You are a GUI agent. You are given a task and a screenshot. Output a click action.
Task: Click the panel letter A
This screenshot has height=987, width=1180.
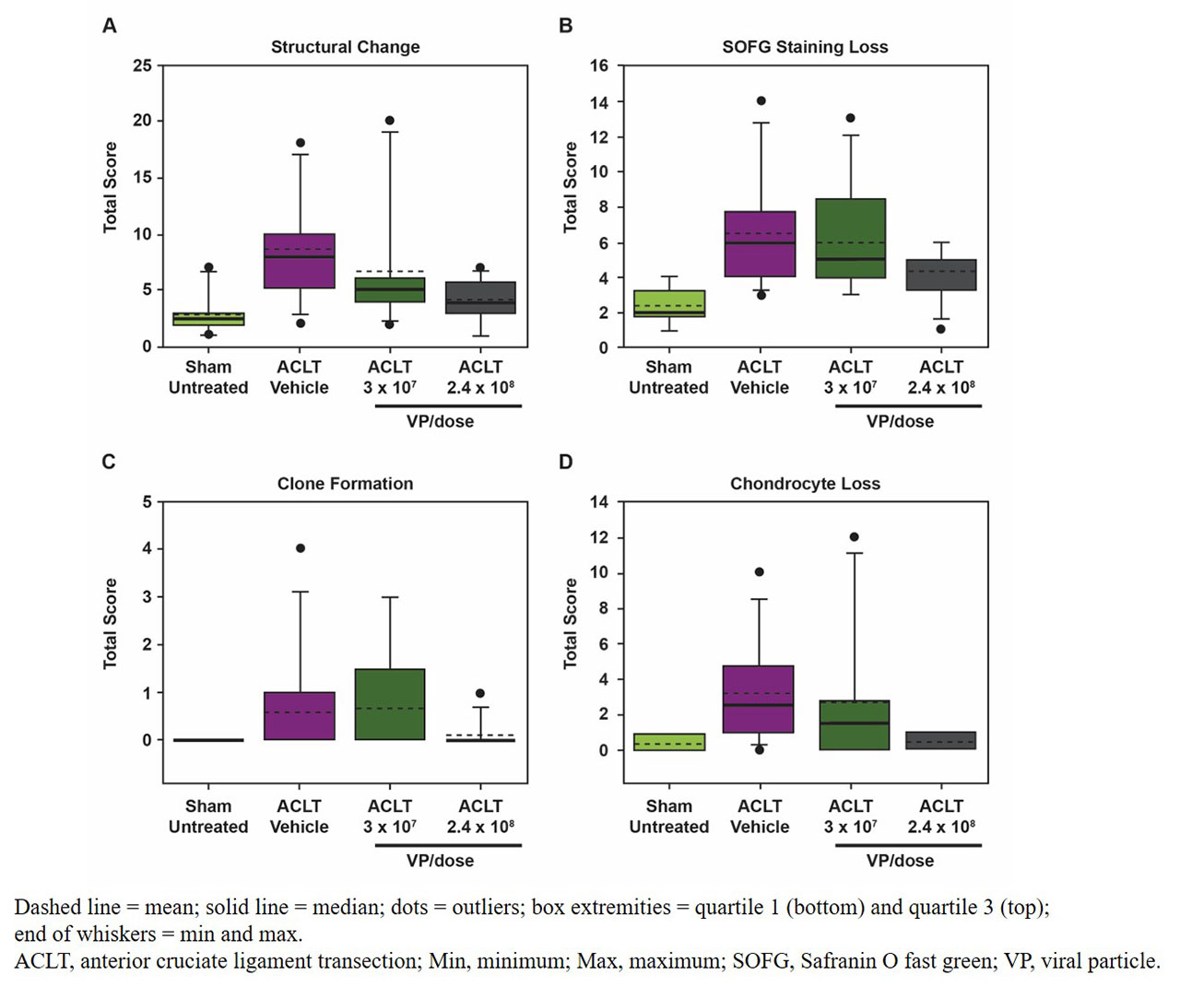[110, 26]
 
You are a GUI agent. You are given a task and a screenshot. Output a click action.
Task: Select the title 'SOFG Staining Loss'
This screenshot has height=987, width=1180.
[805, 47]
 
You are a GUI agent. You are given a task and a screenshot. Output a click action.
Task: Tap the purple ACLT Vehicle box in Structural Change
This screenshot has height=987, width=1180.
[300, 261]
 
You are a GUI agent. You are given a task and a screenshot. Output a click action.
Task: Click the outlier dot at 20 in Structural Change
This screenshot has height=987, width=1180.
[390, 121]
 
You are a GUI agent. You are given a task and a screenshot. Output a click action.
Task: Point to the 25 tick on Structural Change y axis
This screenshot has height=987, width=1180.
[142, 65]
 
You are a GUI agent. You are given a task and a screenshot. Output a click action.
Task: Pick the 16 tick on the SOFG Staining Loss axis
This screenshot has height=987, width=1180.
[599, 65]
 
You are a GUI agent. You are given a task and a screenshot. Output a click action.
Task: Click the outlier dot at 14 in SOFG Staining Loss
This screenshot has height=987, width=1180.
[761, 101]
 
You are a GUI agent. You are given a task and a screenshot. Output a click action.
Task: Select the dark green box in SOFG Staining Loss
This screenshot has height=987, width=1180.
[851, 239]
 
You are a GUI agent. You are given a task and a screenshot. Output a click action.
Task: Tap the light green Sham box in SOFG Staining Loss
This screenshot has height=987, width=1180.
[669, 304]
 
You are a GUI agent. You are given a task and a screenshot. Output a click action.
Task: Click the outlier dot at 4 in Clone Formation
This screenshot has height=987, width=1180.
[301, 548]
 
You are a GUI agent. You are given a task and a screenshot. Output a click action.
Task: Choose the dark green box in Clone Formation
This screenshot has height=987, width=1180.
[390, 704]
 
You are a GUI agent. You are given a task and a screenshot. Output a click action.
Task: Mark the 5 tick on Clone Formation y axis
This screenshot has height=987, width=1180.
[147, 502]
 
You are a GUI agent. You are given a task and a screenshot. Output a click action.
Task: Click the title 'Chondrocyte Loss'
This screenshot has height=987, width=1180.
[805, 484]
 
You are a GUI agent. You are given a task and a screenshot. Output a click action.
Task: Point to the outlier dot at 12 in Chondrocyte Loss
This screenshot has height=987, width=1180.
[854, 537]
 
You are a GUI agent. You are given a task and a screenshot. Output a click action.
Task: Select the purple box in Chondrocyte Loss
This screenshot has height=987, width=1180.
[760, 699]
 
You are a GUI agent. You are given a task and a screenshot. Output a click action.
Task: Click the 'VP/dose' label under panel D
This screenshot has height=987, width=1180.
[900, 861]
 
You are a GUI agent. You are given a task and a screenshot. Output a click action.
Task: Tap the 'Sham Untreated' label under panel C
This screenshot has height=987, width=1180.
[208, 817]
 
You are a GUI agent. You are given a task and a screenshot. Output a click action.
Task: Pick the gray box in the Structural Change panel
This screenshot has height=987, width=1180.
[480, 298]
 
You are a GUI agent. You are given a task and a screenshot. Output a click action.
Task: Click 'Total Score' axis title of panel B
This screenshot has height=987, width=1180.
[571, 187]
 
